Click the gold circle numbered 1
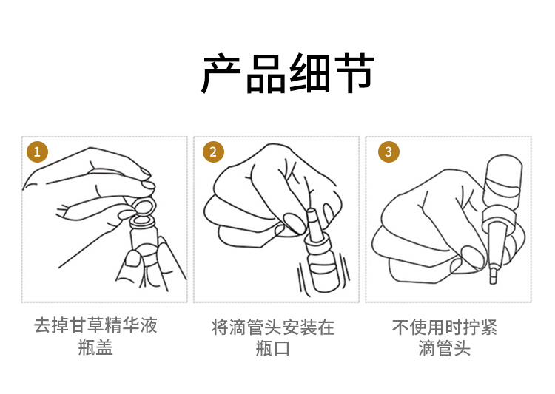[x=37, y=152]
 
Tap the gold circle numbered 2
[x=213, y=152]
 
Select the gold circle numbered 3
[x=388, y=152]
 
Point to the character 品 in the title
[x=266, y=74]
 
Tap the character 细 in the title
[x=310, y=74]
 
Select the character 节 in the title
[x=354, y=74]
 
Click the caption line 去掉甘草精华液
[x=95, y=325]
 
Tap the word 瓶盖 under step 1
[x=95, y=347]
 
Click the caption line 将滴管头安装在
[x=273, y=327]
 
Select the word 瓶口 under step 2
[x=273, y=349]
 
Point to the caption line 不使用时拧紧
[x=445, y=327]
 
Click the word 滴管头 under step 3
[x=445, y=349]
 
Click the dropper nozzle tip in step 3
[x=493, y=276]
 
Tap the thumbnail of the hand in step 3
[x=474, y=257]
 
